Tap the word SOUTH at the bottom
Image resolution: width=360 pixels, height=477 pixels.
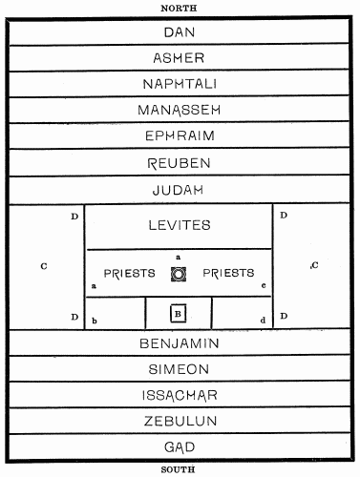click(x=179, y=469)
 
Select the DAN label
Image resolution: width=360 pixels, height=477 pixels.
click(x=179, y=32)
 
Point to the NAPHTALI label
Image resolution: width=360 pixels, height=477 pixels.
click(x=179, y=84)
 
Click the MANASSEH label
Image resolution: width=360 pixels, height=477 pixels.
click(x=179, y=111)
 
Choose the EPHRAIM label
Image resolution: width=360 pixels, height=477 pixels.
click(x=179, y=136)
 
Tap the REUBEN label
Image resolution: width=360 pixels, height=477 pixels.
click(x=179, y=163)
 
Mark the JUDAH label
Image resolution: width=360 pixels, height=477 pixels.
click(x=179, y=190)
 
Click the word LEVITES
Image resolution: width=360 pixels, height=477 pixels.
click(x=179, y=225)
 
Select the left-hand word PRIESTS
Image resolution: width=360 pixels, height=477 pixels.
click(x=129, y=273)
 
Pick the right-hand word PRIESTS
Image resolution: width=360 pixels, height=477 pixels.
click(x=229, y=273)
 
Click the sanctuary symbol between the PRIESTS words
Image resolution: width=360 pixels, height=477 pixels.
click(x=179, y=274)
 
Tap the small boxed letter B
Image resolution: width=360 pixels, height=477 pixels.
click(x=178, y=312)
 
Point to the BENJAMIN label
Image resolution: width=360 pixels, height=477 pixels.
click(x=179, y=342)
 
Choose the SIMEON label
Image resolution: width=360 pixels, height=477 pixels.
click(x=179, y=368)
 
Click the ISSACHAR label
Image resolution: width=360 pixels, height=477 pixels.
click(x=179, y=394)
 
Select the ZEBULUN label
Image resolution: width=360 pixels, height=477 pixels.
click(x=179, y=420)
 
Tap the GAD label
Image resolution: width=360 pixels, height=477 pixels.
click(x=179, y=446)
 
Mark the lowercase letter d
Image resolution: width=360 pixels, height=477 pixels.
click(x=263, y=320)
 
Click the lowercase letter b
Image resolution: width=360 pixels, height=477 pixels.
click(x=95, y=320)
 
